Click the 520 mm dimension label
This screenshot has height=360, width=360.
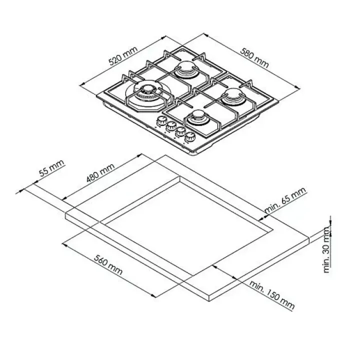123,56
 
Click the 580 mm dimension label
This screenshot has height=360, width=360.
254,57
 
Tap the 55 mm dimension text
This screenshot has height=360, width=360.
51,168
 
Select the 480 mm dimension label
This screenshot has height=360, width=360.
100,172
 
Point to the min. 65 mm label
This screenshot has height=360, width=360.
285,199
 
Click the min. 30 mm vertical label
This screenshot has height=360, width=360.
326,249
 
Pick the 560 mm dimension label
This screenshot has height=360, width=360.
108,264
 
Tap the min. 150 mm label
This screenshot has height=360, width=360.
272,295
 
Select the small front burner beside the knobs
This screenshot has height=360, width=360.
198,117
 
